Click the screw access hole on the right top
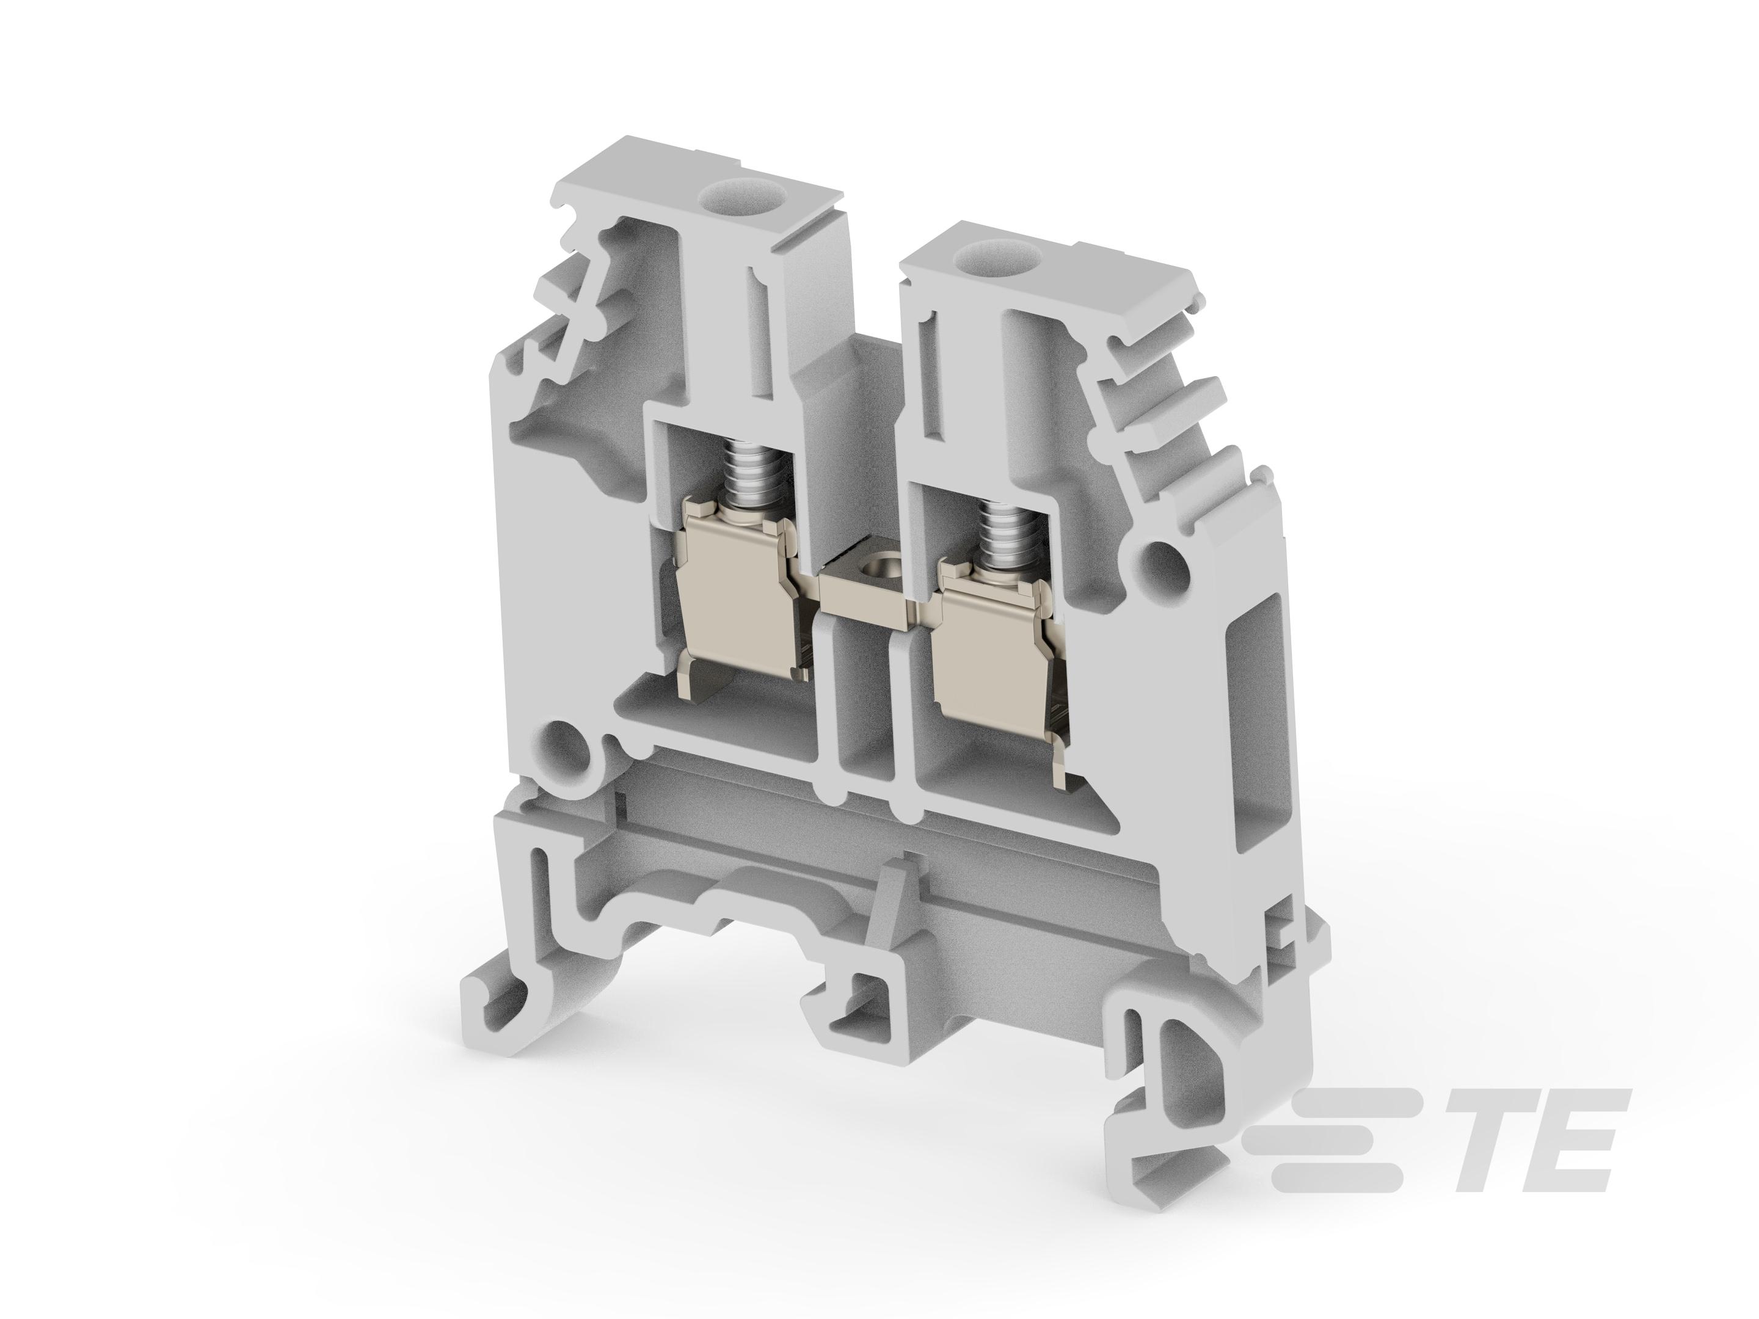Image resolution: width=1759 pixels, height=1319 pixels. click(980, 257)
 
